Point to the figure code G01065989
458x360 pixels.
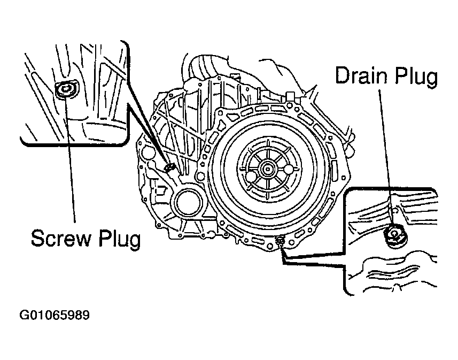(x=55, y=315)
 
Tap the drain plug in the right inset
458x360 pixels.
(x=394, y=234)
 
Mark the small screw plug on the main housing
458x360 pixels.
(x=170, y=168)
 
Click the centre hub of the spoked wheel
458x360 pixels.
(x=266, y=170)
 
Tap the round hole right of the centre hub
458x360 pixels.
(x=289, y=170)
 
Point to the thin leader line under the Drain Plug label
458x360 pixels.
(x=388, y=155)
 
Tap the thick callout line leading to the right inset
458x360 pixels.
(x=315, y=259)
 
